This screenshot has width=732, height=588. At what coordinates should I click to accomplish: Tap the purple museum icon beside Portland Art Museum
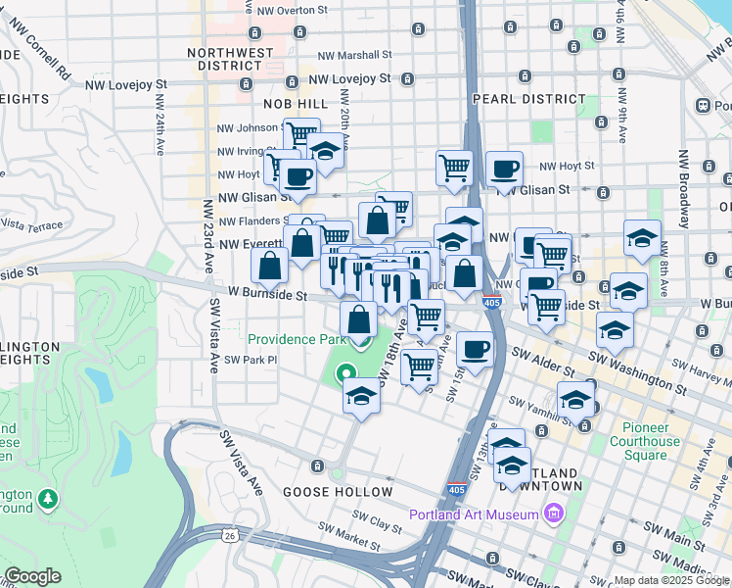point(554,514)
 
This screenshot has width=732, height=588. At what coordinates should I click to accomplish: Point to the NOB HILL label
point(295,103)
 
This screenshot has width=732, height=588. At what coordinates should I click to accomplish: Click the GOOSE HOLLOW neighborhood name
point(338,492)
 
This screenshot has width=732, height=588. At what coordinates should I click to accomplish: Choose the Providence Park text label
point(297,339)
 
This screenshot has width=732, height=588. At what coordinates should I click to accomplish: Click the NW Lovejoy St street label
point(349,77)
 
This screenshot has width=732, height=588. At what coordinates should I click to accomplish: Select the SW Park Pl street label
point(252,360)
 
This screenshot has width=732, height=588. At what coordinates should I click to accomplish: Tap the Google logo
point(32,576)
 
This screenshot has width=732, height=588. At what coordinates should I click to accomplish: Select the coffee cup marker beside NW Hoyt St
point(504,170)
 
